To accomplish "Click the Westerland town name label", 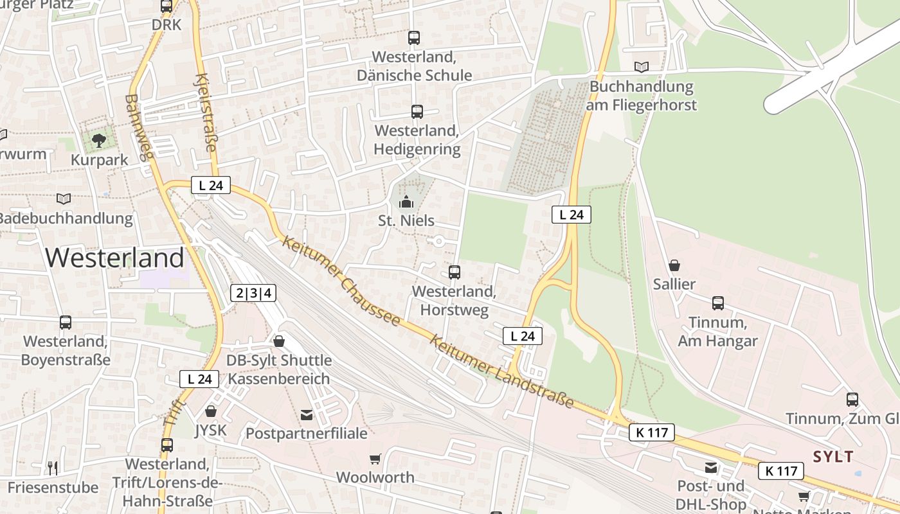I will (x=114, y=258).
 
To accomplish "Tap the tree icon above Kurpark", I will (x=98, y=140).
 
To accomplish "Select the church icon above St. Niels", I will (x=406, y=202).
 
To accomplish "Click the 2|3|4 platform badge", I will (x=253, y=294).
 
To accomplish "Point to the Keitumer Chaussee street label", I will (x=341, y=282).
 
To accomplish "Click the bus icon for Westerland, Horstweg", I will (x=455, y=272).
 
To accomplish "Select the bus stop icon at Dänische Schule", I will (x=414, y=37).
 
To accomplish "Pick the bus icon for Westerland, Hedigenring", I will (x=417, y=111).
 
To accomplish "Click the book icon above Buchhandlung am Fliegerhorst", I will (x=641, y=67).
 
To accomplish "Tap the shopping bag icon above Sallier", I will (x=674, y=265).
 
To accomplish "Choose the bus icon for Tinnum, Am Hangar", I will (x=718, y=303).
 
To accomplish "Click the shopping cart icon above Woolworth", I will (x=375, y=459).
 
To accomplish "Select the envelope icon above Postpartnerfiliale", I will (x=307, y=415).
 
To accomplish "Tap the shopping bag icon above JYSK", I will (x=211, y=411).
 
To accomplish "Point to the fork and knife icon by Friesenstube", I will (x=53, y=468).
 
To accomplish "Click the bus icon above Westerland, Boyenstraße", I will (x=66, y=322).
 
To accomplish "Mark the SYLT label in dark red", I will (x=833, y=457).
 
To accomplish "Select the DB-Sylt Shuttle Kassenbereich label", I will (x=279, y=369).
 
